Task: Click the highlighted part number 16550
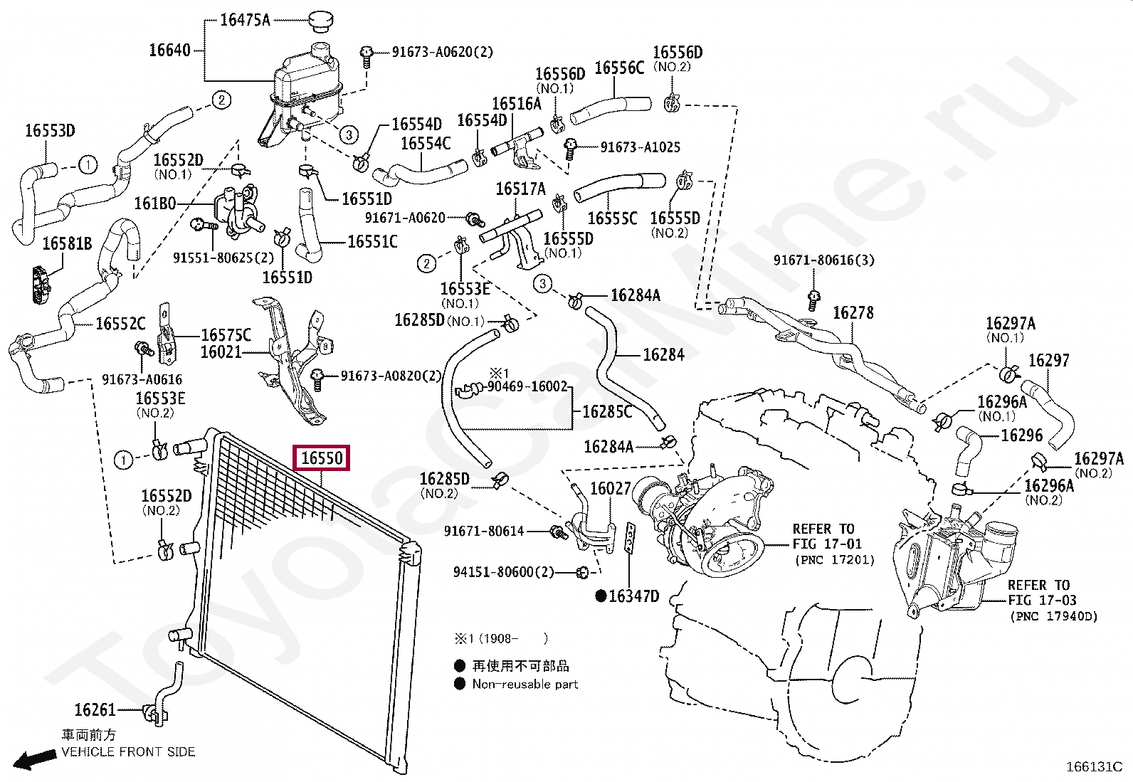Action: click(x=322, y=458)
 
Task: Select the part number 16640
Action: click(x=169, y=50)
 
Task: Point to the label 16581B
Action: click(x=67, y=244)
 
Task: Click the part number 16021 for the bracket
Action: click(x=221, y=352)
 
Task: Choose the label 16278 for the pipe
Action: click(x=853, y=312)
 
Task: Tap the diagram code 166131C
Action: click(x=1093, y=767)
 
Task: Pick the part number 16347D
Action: click(x=633, y=596)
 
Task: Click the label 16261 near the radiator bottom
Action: click(x=95, y=709)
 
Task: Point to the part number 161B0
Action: click(x=155, y=204)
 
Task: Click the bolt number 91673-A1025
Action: click(x=640, y=147)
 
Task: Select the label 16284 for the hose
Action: click(x=663, y=354)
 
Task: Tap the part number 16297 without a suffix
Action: click(x=1049, y=360)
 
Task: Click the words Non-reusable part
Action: click(x=525, y=684)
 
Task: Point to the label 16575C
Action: click(x=226, y=334)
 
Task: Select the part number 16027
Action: click(x=611, y=488)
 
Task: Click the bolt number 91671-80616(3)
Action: click(x=823, y=260)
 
